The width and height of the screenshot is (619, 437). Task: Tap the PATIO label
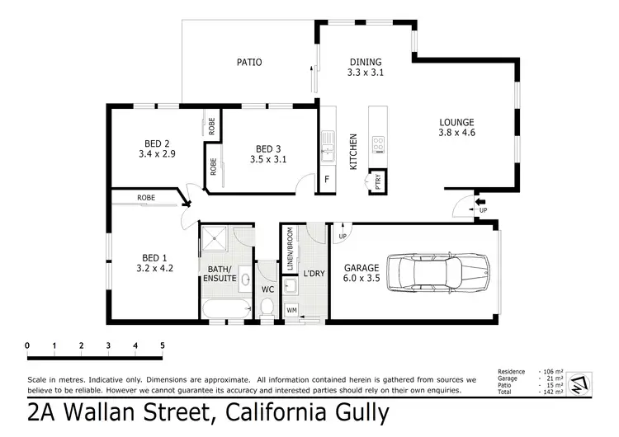tap(249, 62)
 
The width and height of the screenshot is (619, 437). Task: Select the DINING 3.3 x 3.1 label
tap(365, 67)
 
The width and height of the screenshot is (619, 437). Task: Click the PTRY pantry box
tap(378, 181)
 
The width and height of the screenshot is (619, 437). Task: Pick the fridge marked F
tap(328, 179)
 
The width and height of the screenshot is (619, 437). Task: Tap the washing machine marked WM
tap(291, 310)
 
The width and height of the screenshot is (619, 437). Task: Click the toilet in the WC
tap(267, 306)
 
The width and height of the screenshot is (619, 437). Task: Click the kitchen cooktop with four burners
tap(379, 145)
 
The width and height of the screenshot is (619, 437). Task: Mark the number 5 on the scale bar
tap(162, 345)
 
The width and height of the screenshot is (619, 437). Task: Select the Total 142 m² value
tap(554, 392)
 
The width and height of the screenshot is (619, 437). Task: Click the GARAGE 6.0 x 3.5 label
tap(361, 273)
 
